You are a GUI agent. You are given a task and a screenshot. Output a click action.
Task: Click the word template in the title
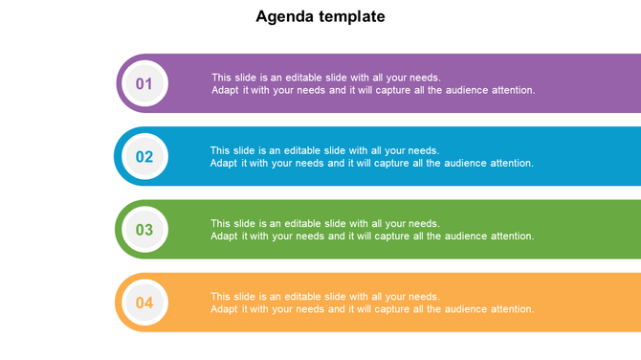(354, 16)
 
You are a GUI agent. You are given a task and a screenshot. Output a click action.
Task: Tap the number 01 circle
(144, 83)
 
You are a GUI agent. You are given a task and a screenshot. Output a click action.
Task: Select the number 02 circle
(144, 157)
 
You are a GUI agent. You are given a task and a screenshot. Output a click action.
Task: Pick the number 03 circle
(144, 230)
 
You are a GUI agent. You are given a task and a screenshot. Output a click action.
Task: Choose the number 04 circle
(144, 304)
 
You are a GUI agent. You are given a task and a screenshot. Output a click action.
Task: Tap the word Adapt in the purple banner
(225, 90)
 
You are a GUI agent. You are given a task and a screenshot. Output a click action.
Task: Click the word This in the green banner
(220, 224)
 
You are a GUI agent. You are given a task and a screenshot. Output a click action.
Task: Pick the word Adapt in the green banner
(224, 236)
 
